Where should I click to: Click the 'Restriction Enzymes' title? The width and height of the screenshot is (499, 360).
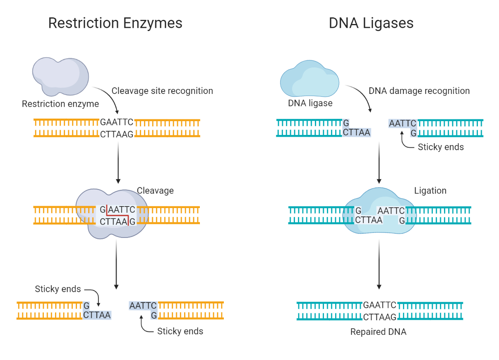tap(115, 23)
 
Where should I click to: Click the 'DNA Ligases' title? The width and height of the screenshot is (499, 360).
tap(371, 23)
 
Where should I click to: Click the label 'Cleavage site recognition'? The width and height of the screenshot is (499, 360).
tap(162, 91)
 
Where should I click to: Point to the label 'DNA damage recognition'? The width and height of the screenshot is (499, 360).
tap(419, 91)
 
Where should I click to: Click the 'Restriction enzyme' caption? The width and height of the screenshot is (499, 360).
tap(60, 104)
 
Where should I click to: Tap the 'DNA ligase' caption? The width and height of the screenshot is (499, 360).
tap(310, 103)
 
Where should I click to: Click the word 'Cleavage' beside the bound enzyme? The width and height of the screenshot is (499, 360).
tap(155, 191)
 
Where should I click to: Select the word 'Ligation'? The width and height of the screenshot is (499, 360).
tap(430, 191)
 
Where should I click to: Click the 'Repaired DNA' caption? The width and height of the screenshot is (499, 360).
tap(378, 332)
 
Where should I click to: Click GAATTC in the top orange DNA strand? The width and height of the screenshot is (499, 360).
tap(117, 122)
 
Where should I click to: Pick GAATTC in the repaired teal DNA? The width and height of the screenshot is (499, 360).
tap(380, 305)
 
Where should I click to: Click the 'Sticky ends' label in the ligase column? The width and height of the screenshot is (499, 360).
tap(441, 147)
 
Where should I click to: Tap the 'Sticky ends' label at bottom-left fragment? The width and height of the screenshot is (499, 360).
tap(58, 289)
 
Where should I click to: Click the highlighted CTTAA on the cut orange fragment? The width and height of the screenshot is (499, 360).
tap(97, 315)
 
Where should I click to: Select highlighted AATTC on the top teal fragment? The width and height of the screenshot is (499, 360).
tap(403, 123)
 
